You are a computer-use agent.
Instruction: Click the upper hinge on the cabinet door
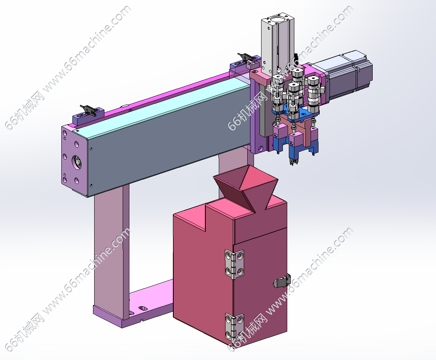pyautogui.click(x=234, y=264)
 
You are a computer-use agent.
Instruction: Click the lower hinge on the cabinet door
pyautogui.click(x=234, y=328)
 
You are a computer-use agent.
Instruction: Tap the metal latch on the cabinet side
pyautogui.click(x=282, y=281)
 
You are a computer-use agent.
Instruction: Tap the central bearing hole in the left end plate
pyautogui.click(x=77, y=162)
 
